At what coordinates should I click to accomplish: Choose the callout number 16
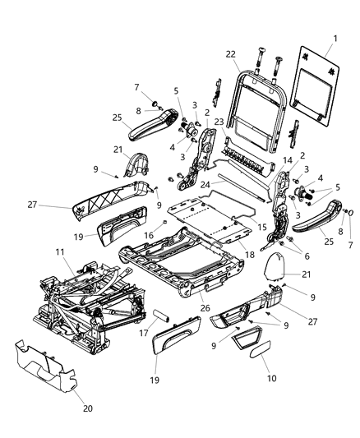pos(149,235)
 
